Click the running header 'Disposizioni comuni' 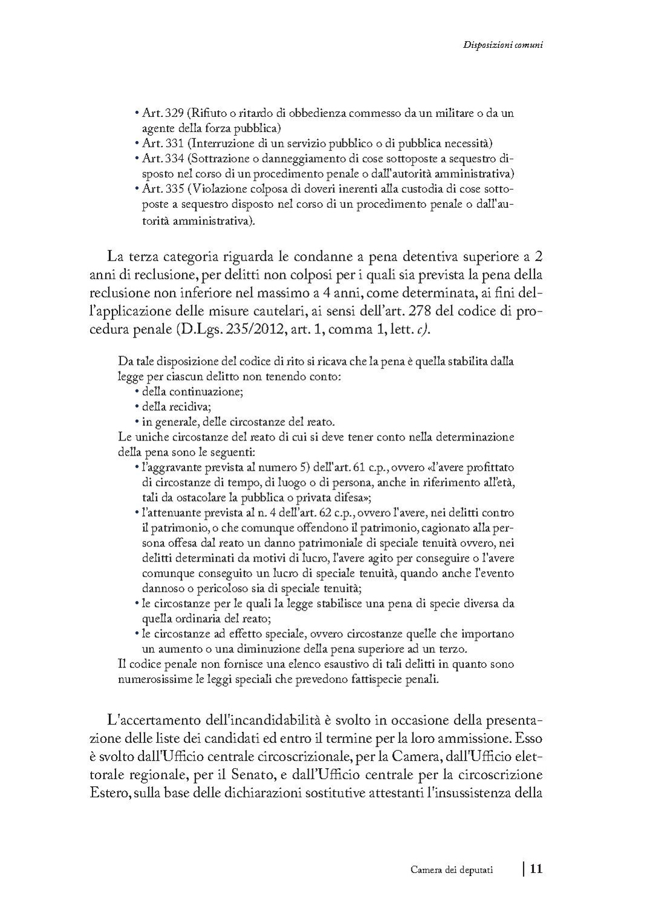click(x=502, y=44)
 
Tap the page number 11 click(x=536, y=869)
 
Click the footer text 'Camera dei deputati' click(x=451, y=870)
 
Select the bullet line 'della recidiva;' click(x=176, y=406)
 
